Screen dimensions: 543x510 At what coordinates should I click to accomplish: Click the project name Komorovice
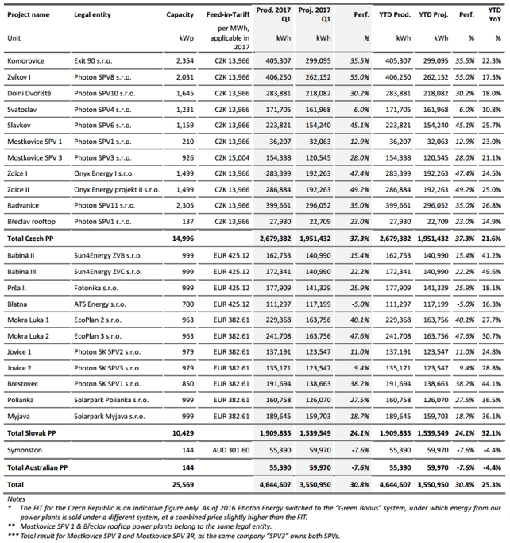[x=27, y=60]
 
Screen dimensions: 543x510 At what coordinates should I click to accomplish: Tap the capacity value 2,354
[x=184, y=60]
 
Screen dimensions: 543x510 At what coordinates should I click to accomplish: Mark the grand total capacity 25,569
[x=182, y=483]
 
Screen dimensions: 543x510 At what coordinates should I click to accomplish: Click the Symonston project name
[x=26, y=449]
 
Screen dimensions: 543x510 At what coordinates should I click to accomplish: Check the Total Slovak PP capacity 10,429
[x=182, y=432]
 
